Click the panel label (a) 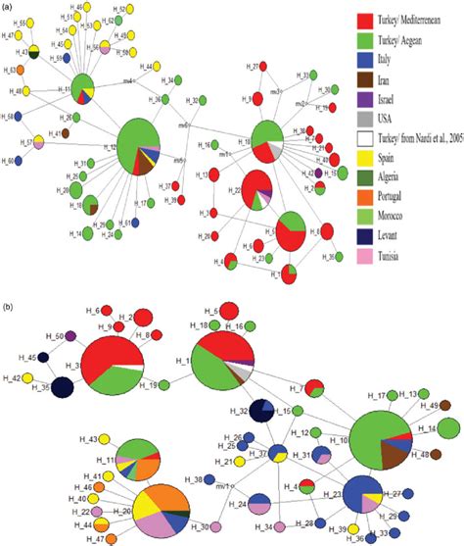click(x=11, y=7)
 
